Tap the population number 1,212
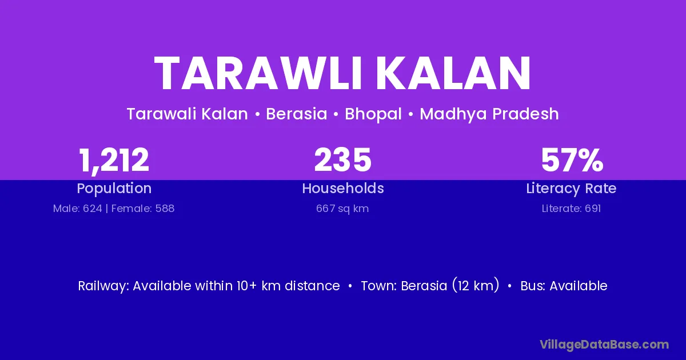[x=114, y=161]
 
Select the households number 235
[x=342, y=160]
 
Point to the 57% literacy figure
[x=572, y=160]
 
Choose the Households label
[x=343, y=188]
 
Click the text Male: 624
[x=78, y=209]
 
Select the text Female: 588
[x=143, y=209]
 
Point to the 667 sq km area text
[x=342, y=209]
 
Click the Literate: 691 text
[x=571, y=209]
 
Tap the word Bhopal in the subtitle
[x=373, y=114]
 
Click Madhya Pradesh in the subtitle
[x=489, y=114]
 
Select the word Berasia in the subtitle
[x=297, y=114]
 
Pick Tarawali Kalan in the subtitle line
[x=187, y=114]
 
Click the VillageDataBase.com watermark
[x=604, y=345]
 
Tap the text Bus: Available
[x=564, y=286]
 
